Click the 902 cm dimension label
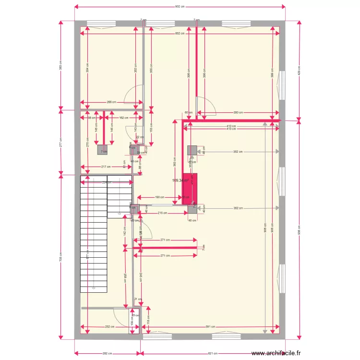click(180, 7)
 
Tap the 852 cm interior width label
click(180, 33)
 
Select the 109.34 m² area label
click(180, 180)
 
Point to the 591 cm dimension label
click(209, 327)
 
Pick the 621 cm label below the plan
click(213, 353)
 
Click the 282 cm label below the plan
click(107, 353)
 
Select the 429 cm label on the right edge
click(299, 70)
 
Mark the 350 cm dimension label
click(238, 113)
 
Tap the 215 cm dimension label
click(162, 213)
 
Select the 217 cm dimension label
click(106, 167)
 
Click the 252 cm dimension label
click(110, 327)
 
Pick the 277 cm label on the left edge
click(60, 142)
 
